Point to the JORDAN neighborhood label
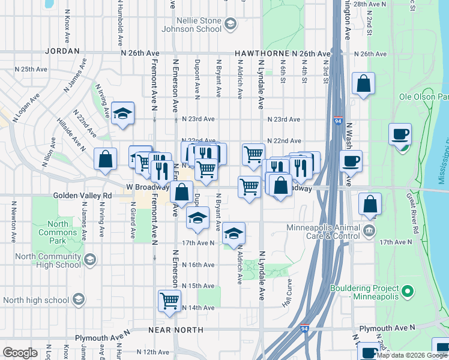tap(62, 52)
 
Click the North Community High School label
tap(42, 260)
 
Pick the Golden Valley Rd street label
tap(82, 196)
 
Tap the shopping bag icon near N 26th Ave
tap(363, 83)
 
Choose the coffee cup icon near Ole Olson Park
tap(400, 134)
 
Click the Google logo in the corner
tap(20, 353)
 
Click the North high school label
tap(35, 300)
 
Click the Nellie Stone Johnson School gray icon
tap(229, 24)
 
